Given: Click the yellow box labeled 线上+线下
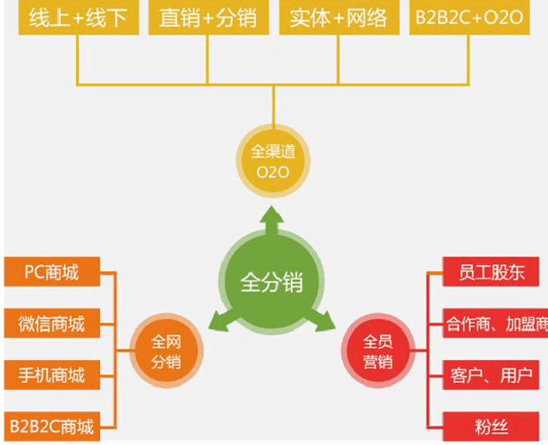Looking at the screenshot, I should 77,18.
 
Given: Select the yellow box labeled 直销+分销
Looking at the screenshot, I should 207,18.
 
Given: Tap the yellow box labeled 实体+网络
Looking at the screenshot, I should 338,18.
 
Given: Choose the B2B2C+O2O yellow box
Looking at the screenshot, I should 469,18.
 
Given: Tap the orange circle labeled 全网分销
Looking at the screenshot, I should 166,351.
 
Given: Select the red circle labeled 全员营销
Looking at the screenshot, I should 378,351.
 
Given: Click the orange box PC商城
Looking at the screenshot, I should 52,272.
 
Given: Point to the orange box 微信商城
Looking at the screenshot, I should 52,323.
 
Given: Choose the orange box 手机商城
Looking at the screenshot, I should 52,375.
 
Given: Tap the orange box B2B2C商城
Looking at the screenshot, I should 52,426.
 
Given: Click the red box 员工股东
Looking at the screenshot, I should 491,272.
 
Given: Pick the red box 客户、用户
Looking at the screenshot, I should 491,375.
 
